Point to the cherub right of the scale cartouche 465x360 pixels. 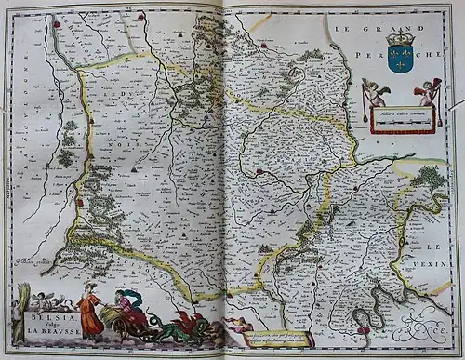pyautogui.click(x=427, y=91)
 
